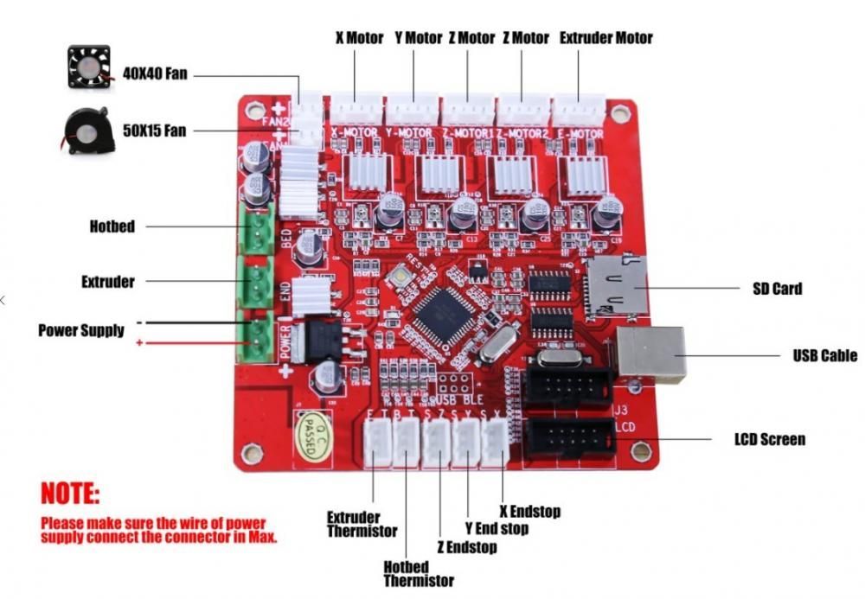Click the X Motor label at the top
pos(359,38)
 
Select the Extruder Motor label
pos(605,38)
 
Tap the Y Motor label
pos(418,38)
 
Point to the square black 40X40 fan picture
pos(87,68)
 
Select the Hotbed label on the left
pos(112,226)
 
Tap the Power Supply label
pos(81,330)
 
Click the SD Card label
pos(777,288)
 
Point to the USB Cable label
pos(825,355)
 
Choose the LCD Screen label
pos(770,439)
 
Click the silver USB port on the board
pos(650,354)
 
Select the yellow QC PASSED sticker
pos(317,431)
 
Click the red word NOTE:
pos(70,495)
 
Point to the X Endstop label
pos(530,512)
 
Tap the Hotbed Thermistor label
pos(419,574)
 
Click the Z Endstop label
pos(467,548)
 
